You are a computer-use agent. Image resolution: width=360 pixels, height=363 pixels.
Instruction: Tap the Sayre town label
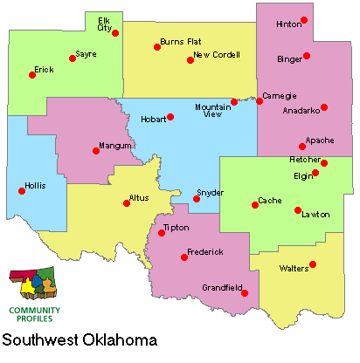(x=86, y=54)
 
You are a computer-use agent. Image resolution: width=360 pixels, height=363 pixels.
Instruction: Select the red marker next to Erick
(x=32, y=75)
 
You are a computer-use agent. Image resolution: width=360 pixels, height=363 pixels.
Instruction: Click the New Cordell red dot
(x=190, y=60)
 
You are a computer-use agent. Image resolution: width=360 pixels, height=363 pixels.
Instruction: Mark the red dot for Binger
(x=307, y=56)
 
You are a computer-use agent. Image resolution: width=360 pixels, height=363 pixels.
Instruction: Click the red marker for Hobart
(x=171, y=117)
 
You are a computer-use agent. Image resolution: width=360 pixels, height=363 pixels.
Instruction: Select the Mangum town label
(x=114, y=145)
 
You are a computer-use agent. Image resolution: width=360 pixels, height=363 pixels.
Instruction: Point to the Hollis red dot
(x=22, y=190)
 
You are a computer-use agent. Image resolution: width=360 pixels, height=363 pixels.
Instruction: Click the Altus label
(x=139, y=199)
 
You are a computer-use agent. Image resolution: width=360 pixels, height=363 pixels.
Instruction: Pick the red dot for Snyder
(x=197, y=199)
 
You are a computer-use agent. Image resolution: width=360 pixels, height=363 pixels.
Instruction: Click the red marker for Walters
(x=313, y=264)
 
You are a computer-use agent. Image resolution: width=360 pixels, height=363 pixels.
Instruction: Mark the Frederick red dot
(x=183, y=257)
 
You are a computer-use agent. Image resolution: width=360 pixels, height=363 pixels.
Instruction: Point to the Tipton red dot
(x=162, y=233)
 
